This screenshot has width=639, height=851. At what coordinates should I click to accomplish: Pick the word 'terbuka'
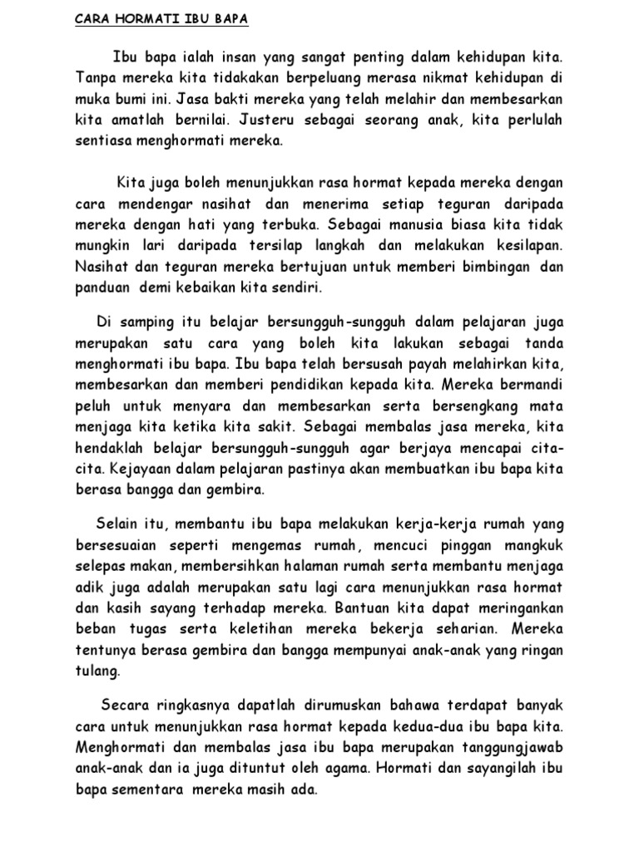pyautogui.click(x=288, y=225)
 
